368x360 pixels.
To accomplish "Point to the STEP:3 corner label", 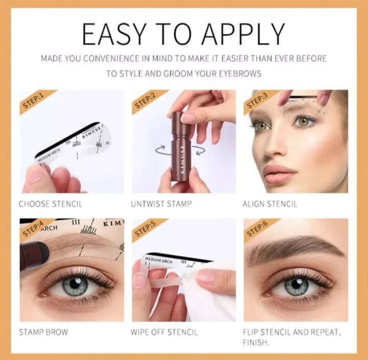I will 257,101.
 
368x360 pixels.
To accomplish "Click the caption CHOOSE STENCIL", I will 51,204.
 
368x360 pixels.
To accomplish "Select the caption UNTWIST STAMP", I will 161,204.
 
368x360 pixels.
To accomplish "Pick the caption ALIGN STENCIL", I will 270,204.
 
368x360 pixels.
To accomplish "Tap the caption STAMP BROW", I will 43,332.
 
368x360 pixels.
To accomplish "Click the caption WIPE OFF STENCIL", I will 164,332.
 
